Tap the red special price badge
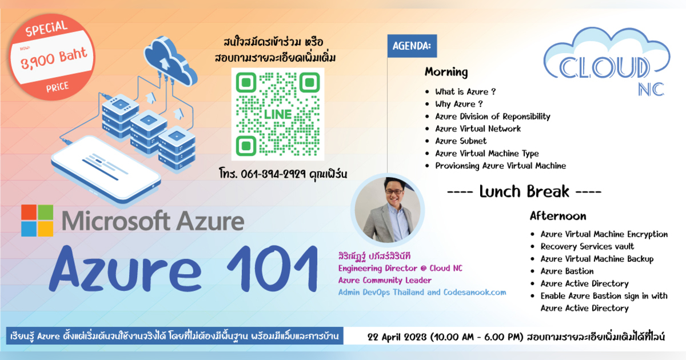[x=53, y=55]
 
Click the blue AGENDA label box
[x=412, y=45]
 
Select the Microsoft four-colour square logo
[x=37, y=221]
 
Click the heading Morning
[x=446, y=73]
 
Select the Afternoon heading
[x=557, y=216]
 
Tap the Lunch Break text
[x=524, y=191]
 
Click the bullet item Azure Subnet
[x=461, y=141]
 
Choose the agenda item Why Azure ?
[x=459, y=104]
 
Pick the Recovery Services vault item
[x=587, y=246]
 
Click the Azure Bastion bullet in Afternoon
[x=567, y=271]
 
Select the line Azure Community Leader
[x=384, y=281]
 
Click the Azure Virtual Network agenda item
[x=478, y=129]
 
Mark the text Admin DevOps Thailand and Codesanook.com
[x=422, y=292]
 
